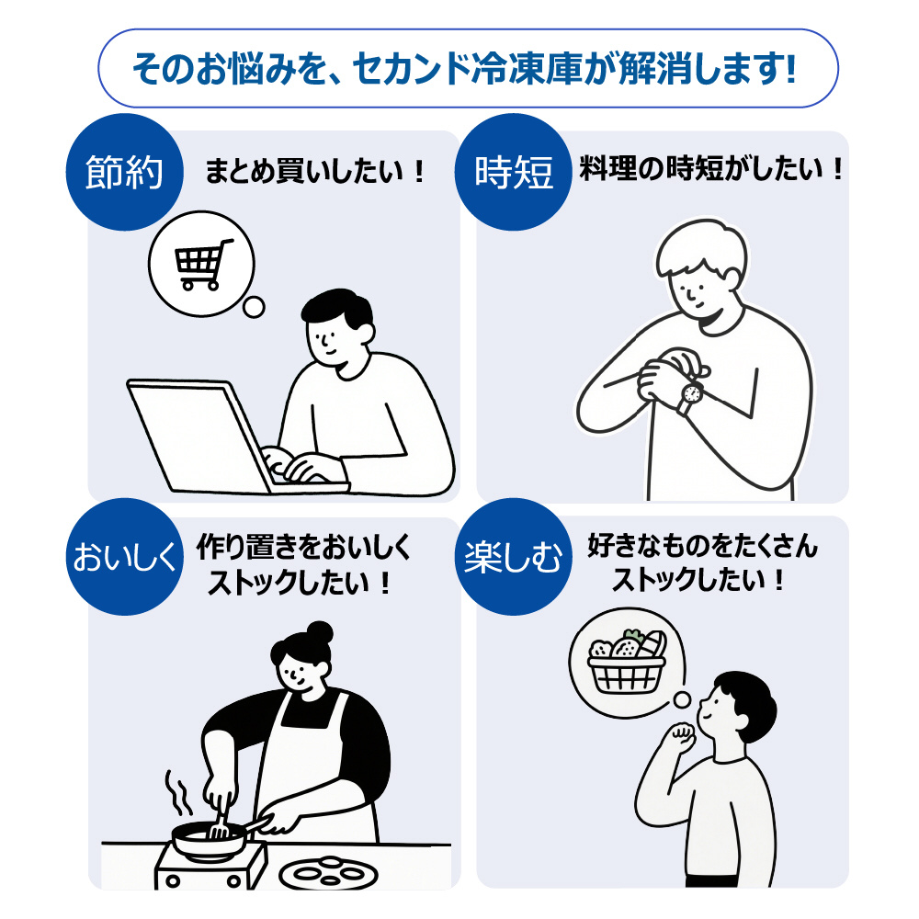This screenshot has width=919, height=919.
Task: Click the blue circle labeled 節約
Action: coord(124,173)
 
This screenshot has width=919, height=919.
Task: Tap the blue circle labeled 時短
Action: coord(514,173)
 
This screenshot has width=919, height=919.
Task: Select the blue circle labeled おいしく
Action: coord(124,557)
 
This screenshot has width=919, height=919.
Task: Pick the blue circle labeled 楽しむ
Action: coord(514,557)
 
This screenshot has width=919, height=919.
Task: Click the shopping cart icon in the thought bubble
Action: coord(202,264)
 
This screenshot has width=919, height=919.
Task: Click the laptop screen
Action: coord(197,437)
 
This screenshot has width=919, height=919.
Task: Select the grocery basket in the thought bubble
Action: coord(627,663)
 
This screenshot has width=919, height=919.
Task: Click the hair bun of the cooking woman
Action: coord(320,633)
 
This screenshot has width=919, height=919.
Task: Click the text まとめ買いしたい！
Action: coord(314,171)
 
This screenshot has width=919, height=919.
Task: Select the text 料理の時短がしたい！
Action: coord(711,169)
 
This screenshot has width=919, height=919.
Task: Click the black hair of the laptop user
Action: coord(337,307)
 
